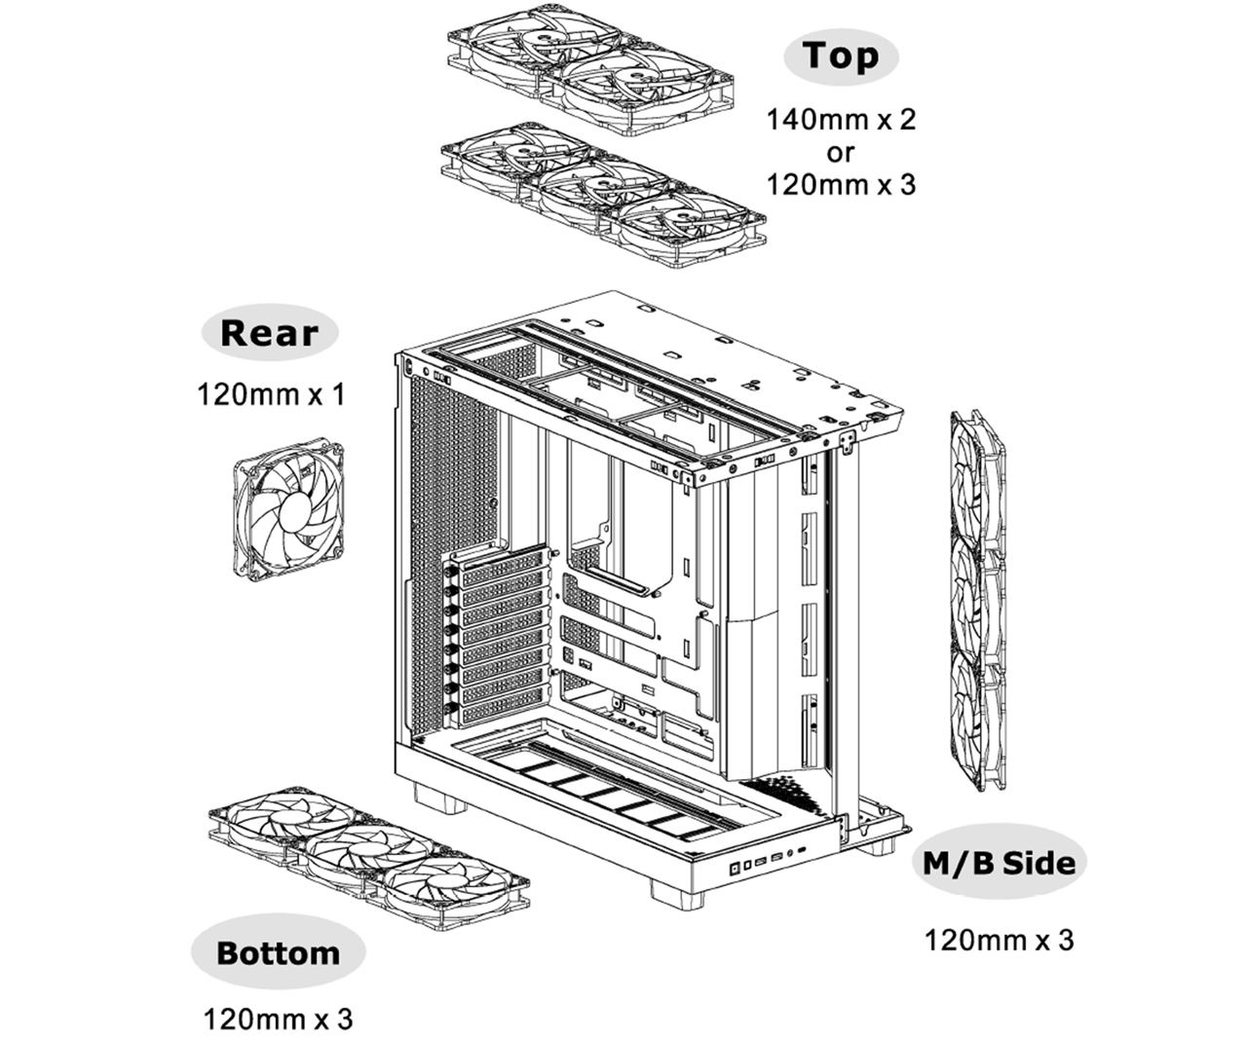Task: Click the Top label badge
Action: [x=840, y=56]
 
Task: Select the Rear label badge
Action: [x=270, y=333]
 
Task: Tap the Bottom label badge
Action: [x=278, y=951]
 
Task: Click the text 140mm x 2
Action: [x=842, y=121]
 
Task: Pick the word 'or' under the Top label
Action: [x=841, y=153]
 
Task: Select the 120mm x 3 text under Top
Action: [x=842, y=184]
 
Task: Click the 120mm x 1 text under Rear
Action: [x=270, y=395]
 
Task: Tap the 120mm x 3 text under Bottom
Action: [x=278, y=1020]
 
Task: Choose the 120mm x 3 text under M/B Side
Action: [x=999, y=941]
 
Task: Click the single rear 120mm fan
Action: [x=288, y=512]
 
